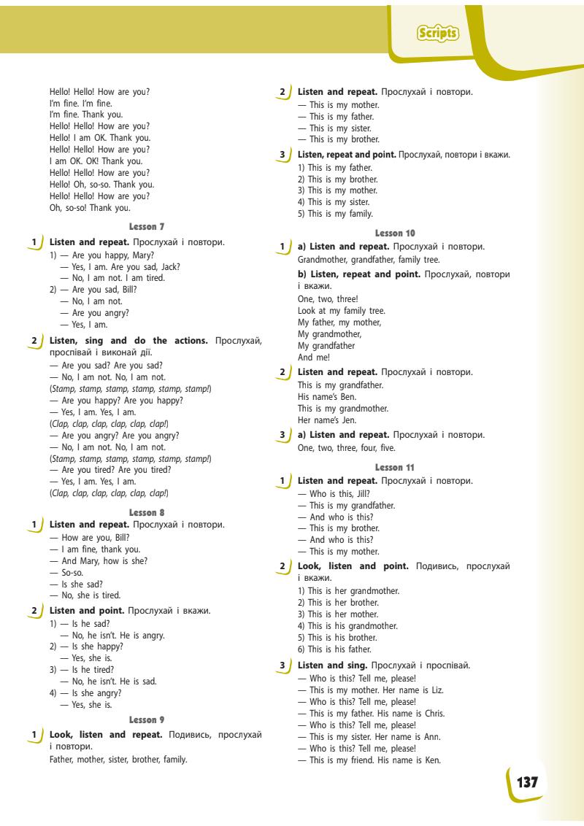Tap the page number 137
pos(527,782)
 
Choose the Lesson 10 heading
pos(395,233)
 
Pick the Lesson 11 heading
pos(395,467)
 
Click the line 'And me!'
pos(314,358)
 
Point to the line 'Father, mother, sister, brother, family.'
pos(118,759)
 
